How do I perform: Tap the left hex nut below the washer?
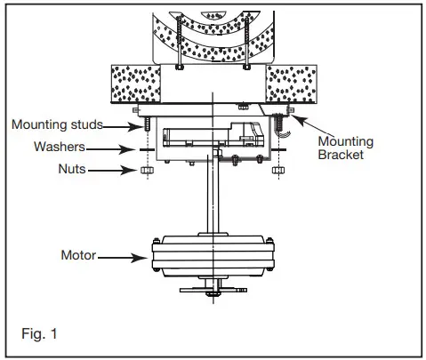coord(143,169)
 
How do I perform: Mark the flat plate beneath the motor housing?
coord(214,290)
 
